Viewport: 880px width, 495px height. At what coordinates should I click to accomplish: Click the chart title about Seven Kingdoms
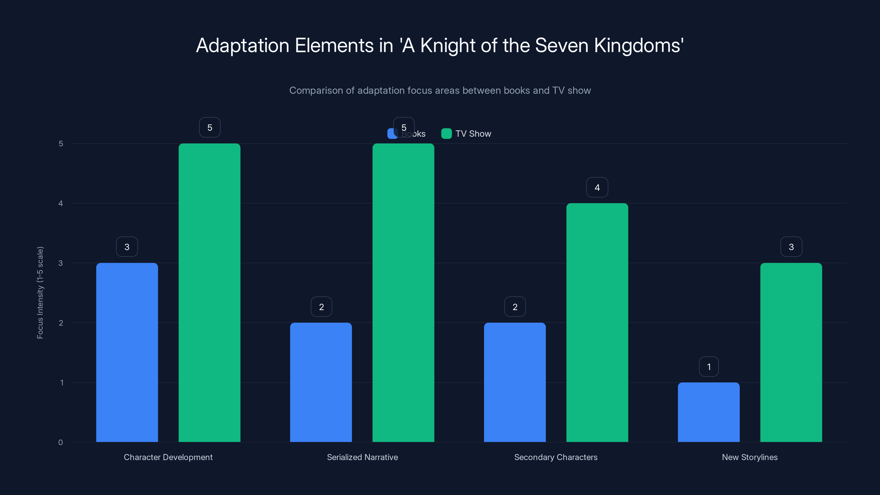click(440, 45)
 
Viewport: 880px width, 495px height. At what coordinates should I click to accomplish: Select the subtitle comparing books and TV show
click(440, 90)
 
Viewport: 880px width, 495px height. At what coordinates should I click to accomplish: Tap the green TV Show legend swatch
click(446, 134)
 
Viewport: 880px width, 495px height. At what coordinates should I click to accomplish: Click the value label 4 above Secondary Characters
click(597, 188)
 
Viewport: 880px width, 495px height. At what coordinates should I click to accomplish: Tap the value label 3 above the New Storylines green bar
click(791, 247)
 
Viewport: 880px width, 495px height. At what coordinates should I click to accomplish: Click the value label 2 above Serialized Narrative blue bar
click(321, 307)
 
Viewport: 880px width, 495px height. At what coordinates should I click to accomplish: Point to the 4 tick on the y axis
click(61, 204)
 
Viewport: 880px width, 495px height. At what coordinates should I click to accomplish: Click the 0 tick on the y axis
click(61, 442)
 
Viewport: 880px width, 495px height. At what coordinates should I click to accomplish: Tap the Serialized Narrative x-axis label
click(362, 457)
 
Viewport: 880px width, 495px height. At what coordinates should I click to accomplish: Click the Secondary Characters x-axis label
click(555, 457)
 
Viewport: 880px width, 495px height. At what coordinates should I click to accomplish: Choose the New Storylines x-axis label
click(749, 457)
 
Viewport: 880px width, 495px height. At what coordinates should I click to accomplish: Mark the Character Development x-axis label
click(168, 457)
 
